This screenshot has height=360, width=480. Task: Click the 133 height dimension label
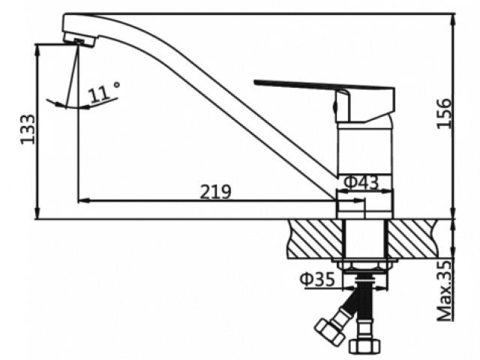click(28, 129)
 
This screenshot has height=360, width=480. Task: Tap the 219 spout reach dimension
click(215, 191)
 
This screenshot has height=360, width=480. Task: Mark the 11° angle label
click(104, 93)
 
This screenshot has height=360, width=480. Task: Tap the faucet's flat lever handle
click(300, 85)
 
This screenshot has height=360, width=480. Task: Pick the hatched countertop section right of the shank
click(417, 238)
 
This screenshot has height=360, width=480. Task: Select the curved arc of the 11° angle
click(82, 106)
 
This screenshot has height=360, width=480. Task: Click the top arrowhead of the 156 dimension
click(455, 18)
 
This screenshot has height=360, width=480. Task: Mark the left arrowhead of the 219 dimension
click(82, 200)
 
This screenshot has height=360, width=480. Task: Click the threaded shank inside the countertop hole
click(365, 238)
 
